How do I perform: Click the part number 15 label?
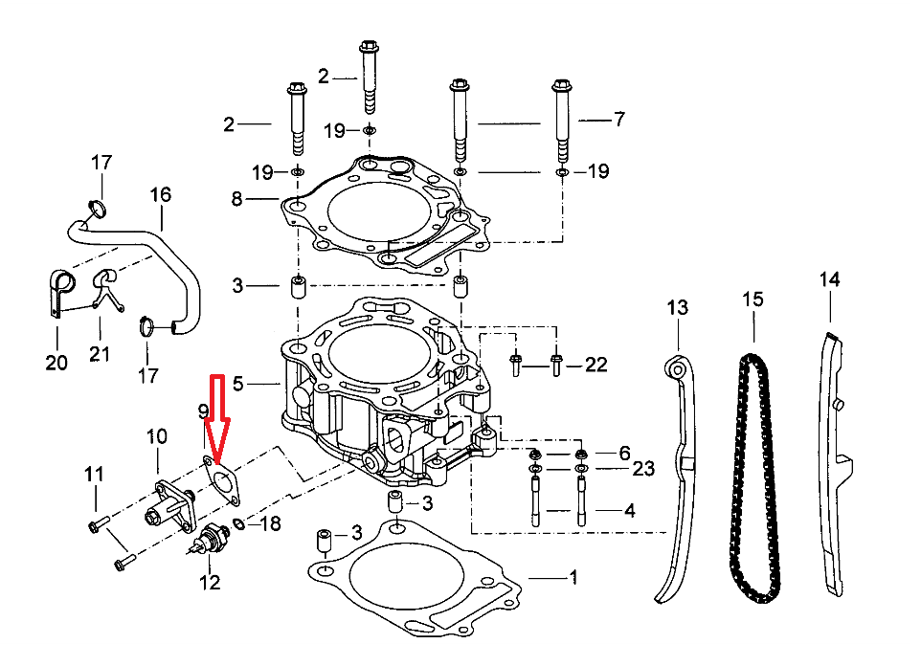tap(753, 300)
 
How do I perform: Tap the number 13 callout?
tap(677, 307)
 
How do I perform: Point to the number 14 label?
tap(829, 279)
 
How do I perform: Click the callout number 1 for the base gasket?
tap(573, 577)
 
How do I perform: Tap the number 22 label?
tap(595, 365)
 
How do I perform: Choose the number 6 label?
tap(624, 452)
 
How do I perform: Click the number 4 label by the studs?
tap(629, 511)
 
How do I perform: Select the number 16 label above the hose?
tap(160, 195)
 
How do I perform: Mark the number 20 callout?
tap(56, 363)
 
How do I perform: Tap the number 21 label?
tap(100, 354)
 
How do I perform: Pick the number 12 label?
tap(209, 581)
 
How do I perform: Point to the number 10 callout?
tap(156, 437)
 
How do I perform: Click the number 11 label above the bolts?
tap(93, 473)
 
